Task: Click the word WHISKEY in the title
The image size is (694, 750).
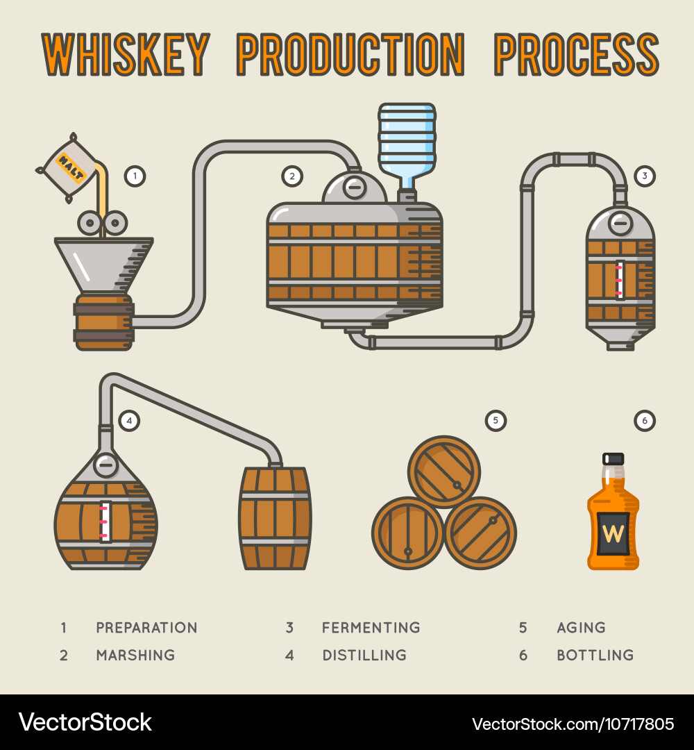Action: click(126, 54)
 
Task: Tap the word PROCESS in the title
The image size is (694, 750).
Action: click(576, 54)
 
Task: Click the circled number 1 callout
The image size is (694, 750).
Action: click(135, 176)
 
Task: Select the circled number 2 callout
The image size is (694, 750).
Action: click(292, 176)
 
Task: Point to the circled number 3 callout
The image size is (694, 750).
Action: click(644, 176)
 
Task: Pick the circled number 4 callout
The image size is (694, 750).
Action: click(129, 421)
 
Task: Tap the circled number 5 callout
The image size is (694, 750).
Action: click(495, 421)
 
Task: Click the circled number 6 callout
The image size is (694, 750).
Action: click(644, 421)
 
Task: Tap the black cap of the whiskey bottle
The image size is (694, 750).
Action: click(613, 459)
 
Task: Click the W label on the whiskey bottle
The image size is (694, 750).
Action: click(613, 533)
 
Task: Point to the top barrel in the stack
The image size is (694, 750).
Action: click(444, 472)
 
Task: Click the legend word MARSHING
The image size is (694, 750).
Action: click(136, 655)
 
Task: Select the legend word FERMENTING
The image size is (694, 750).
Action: click(371, 628)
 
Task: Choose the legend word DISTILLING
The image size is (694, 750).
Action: click(364, 655)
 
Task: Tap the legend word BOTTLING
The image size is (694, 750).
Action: click(595, 655)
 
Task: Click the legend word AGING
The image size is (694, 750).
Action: click(581, 628)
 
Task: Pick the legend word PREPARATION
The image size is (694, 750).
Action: click(146, 628)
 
